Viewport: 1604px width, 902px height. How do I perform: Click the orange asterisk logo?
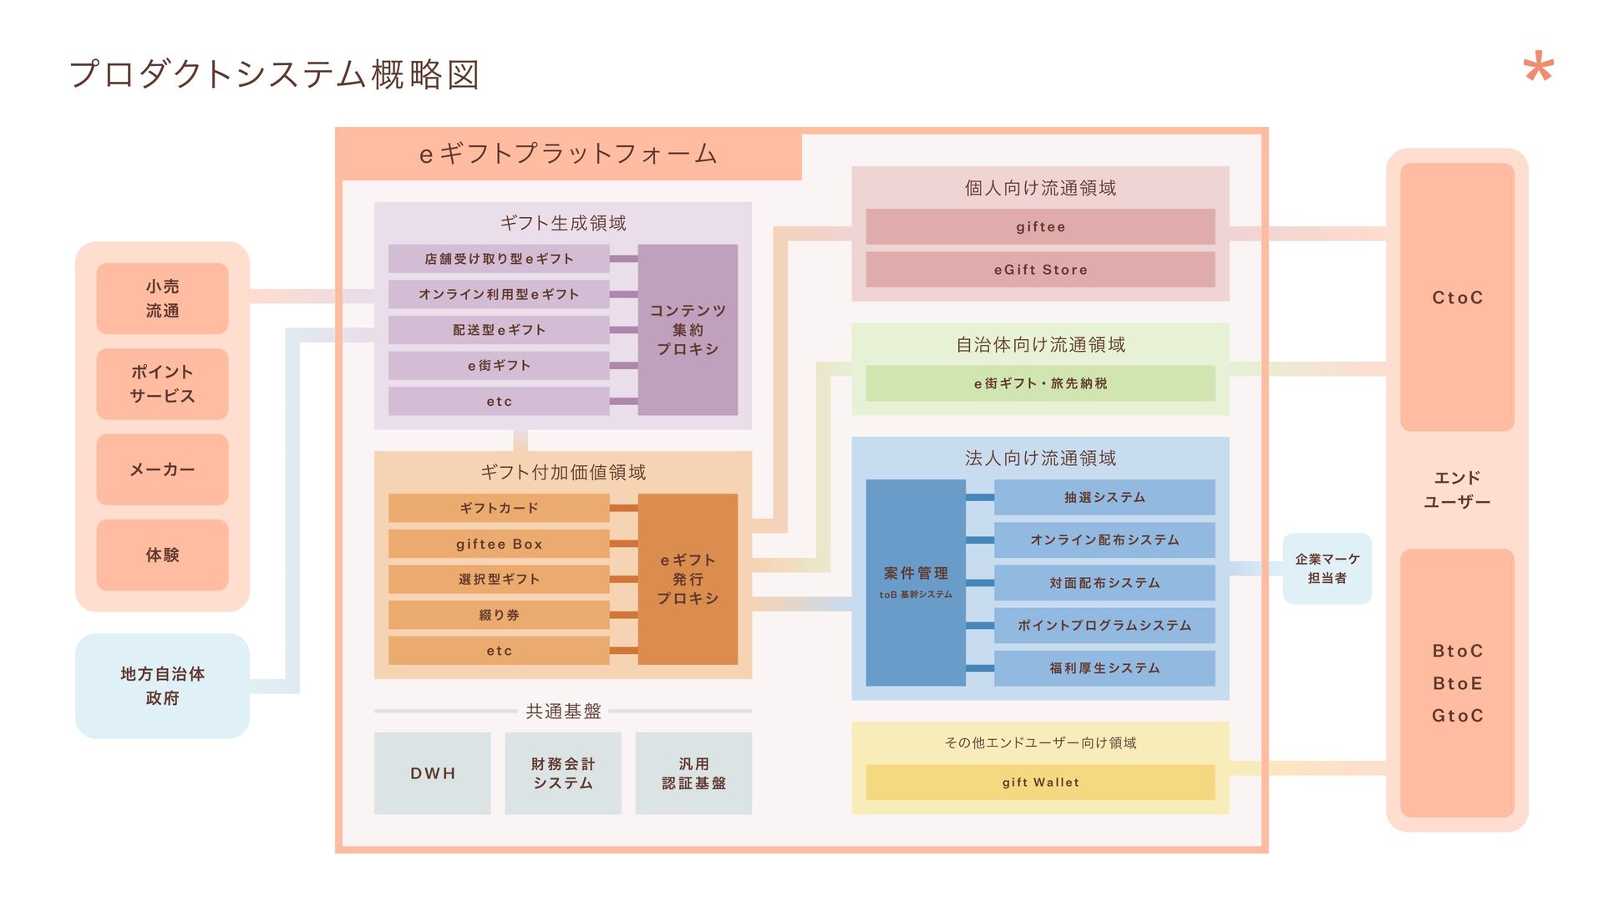[x=1538, y=68]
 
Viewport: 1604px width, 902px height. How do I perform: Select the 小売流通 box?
[x=162, y=298]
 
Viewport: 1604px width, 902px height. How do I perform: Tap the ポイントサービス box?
[x=162, y=384]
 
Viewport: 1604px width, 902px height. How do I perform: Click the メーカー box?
[x=162, y=469]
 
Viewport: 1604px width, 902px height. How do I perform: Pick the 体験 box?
[x=162, y=555]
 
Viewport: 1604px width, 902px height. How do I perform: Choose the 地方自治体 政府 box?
[x=162, y=686]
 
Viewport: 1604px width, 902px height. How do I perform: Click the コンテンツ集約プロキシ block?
[x=688, y=330]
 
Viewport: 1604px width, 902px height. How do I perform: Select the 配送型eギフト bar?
[x=499, y=330]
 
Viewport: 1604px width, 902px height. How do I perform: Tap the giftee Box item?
[x=499, y=544]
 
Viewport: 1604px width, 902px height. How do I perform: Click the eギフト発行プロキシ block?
[x=688, y=579]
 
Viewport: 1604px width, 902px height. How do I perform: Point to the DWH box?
[x=433, y=773]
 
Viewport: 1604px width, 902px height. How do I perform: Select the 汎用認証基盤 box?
[x=693, y=773]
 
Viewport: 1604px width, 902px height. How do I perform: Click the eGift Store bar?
[x=1040, y=270]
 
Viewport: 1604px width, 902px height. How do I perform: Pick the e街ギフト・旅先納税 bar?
[x=1040, y=383]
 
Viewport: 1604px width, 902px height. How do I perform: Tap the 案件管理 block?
[x=916, y=582]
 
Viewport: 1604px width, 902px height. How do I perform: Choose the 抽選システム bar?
[x=1104, y=497]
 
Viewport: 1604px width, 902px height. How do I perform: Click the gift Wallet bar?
[x=1040, y=783]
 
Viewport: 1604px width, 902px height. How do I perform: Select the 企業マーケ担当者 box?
[x=1327, y=569]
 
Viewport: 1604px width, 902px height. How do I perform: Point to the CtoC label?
[x=1457, y=297]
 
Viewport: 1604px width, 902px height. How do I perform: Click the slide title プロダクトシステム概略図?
[x=274, y=74]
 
